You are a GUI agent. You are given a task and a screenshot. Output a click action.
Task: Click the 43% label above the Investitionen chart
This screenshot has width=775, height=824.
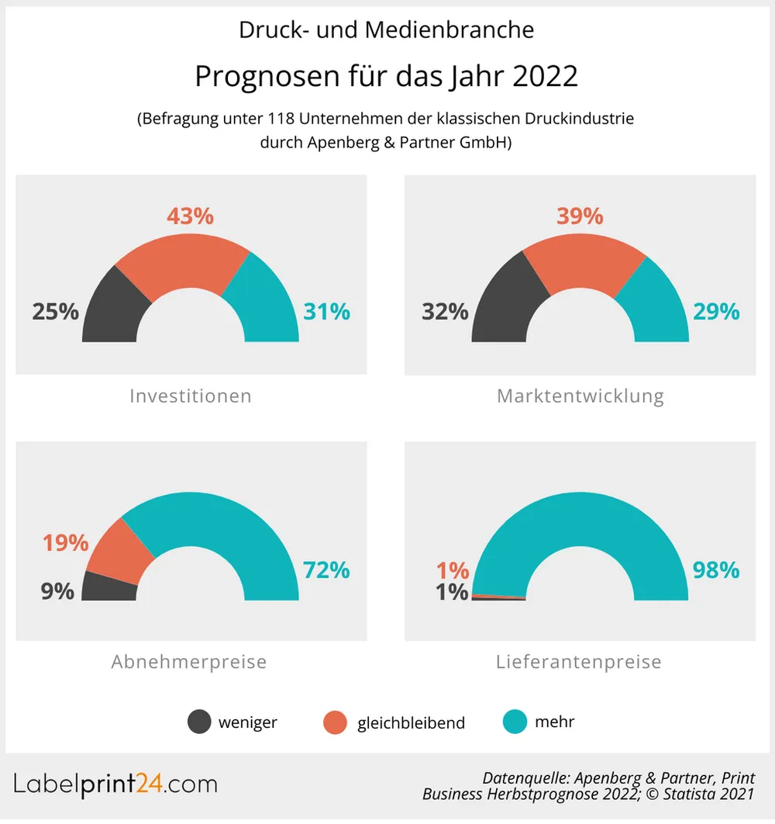tap(190, 216)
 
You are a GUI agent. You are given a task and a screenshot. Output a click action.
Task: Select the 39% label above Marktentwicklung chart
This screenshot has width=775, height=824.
tap(580, 216)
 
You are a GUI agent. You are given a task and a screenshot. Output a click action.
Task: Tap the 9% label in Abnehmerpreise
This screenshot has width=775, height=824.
tap(57, 591)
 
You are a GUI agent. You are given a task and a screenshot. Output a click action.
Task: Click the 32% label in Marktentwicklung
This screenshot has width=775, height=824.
tap(445, 311)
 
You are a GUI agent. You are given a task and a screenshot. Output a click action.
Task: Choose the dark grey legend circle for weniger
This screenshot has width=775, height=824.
tap(199, 722)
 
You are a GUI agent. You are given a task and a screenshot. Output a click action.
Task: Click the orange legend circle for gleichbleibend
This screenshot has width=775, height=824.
tap(335, 722)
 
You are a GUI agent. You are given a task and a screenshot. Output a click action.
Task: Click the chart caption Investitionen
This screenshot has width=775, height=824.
tap(191, 396)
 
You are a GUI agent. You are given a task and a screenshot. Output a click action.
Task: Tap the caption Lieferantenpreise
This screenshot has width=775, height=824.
tap(579, 662)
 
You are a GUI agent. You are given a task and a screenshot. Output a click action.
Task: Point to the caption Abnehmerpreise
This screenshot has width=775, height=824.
tap(189, 662)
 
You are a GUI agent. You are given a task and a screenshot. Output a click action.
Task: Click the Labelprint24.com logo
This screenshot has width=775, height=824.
tap(116, 784)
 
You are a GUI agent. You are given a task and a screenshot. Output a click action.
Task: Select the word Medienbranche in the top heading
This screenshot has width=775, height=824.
tap(449, 29)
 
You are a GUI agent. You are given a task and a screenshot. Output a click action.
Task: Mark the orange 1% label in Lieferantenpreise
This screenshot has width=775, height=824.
tap(453, 570)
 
